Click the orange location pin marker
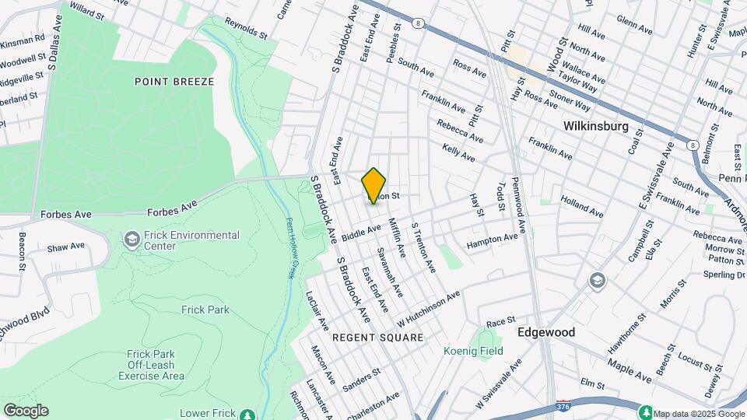(374, 185)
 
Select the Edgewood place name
(547, 332)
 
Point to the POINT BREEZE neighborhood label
(174, 82)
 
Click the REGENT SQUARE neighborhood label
(378, 338)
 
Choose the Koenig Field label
(473, 351)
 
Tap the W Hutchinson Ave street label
(428, 308)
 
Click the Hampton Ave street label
(492, 242)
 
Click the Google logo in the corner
(26, 410)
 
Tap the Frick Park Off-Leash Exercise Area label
(152, 365)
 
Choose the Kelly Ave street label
(458, 152)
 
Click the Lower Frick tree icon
(248, 414)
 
